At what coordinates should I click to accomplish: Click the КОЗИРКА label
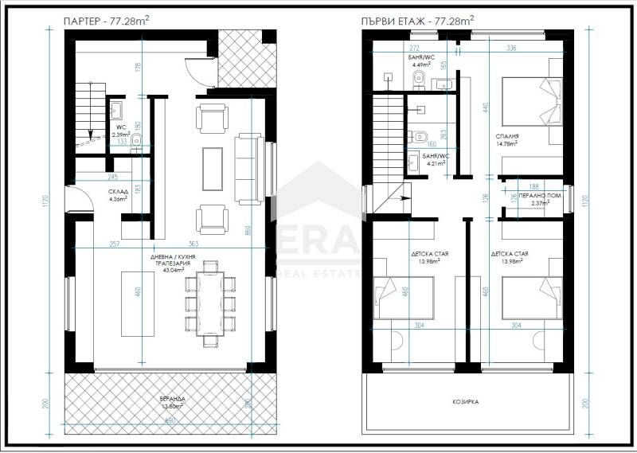(466, 403)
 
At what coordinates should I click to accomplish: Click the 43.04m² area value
(173, 269)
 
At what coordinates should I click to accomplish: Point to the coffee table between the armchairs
(212, 169)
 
